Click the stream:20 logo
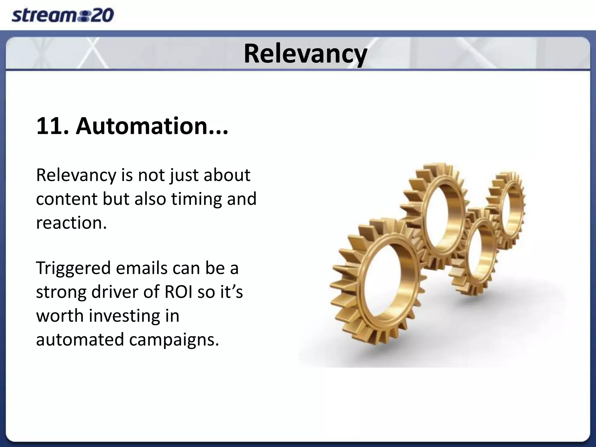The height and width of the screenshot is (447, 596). [x=63, y=15]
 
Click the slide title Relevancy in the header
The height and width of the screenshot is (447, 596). [x=305, y=54]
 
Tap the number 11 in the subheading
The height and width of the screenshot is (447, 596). [x=49, y=126]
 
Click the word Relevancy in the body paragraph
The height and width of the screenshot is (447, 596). [x=76, y=175]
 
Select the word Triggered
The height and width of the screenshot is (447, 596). [x=73, y=268]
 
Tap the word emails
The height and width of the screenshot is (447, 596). [x=142, y=268]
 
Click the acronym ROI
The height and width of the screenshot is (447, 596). [x=178, y=292]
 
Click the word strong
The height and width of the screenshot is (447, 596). [x=61, y=292]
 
